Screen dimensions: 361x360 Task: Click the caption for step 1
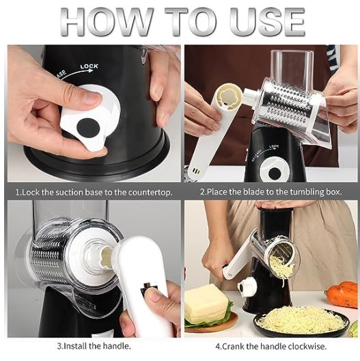coord(93,192)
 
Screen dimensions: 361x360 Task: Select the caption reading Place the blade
coord(271,192)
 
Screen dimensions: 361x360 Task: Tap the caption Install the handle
coord(93,347)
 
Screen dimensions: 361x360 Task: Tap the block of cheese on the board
coord(206,303)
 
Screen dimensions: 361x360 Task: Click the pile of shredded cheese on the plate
coord(301,319)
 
